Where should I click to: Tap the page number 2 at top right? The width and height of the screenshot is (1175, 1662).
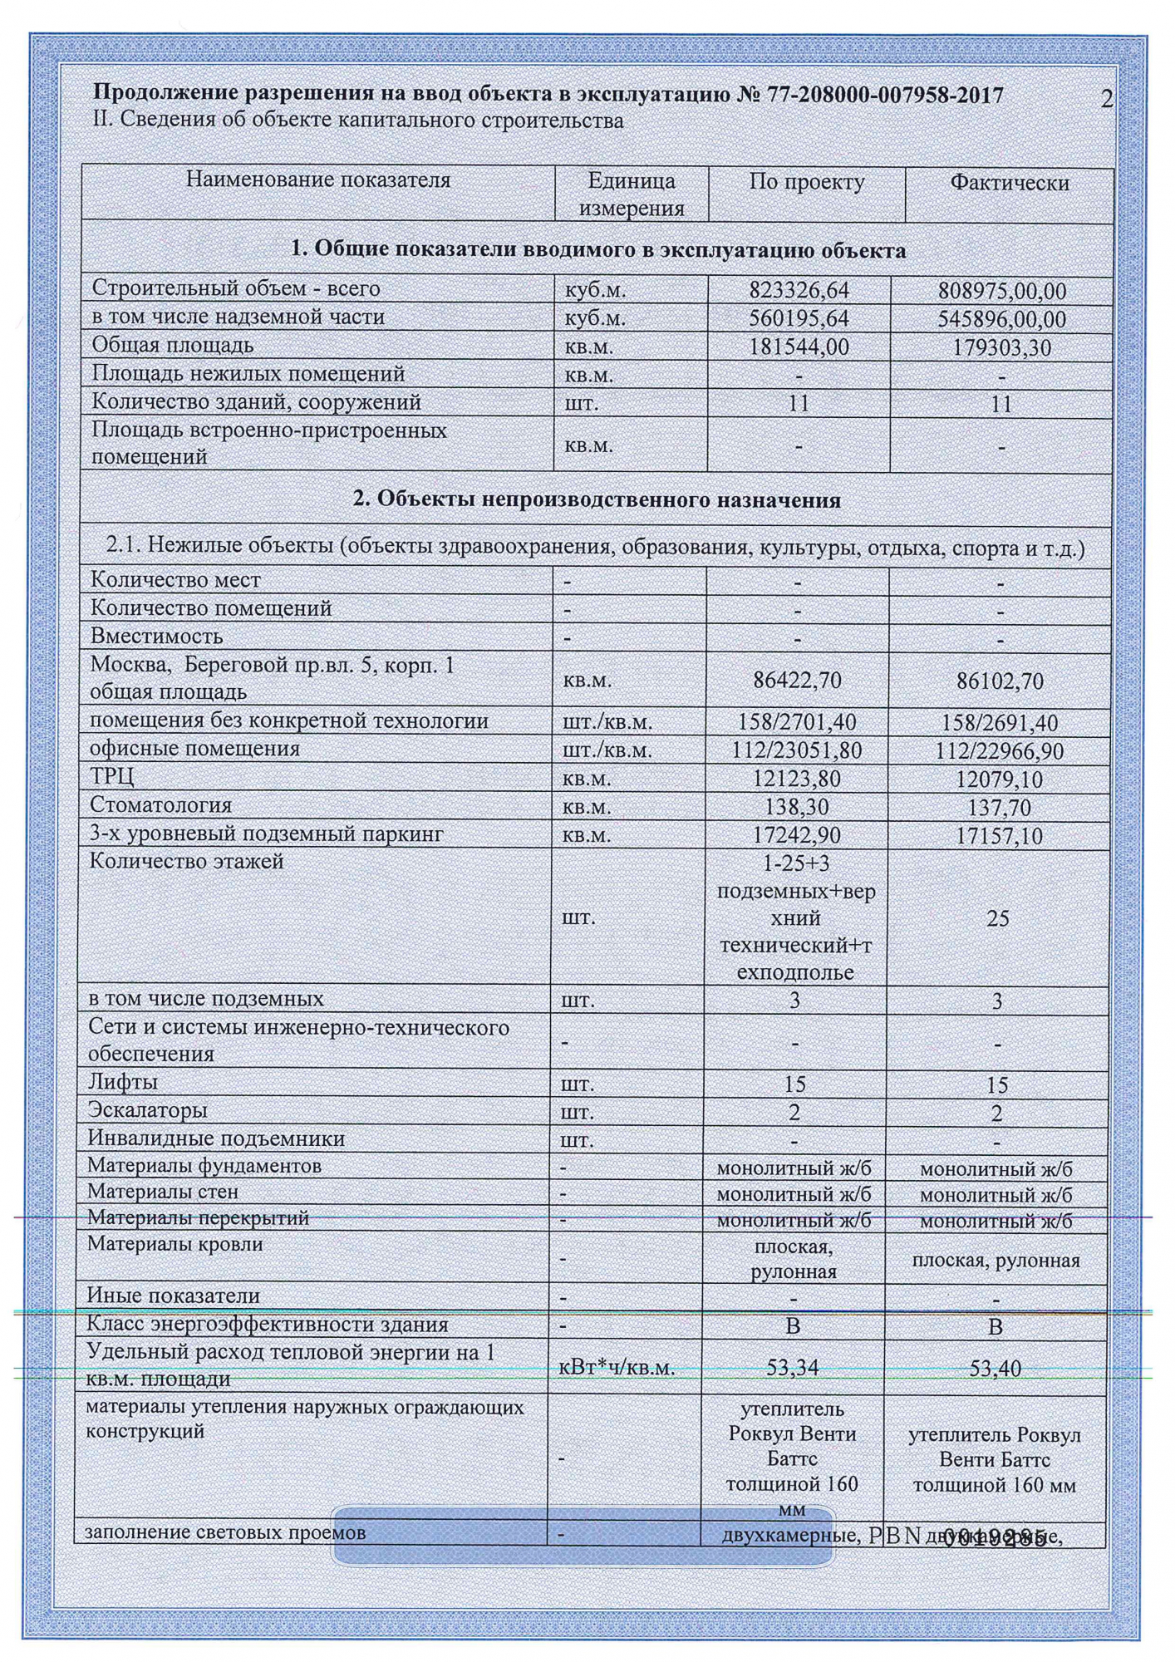1106,99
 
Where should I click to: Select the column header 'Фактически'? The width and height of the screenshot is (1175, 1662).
1009,183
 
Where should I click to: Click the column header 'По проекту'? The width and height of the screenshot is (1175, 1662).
806,182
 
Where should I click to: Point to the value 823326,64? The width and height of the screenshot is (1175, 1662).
799,290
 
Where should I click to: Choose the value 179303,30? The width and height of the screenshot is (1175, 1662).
1001,347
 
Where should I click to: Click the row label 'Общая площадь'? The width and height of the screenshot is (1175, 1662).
172,345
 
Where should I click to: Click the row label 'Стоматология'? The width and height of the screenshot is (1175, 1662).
160,805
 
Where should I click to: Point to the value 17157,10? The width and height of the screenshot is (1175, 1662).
999,836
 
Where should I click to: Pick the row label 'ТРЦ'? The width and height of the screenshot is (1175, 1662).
111,777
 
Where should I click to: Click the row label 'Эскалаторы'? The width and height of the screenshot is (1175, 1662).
147,1110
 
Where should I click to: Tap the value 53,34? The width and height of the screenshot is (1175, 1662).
792,1367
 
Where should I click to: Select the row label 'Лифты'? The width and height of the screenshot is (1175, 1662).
122,1082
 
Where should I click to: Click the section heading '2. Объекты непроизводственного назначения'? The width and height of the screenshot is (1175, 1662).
597,500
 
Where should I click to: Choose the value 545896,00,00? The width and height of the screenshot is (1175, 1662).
1001,319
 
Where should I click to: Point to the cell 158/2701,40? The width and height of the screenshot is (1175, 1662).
797,722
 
